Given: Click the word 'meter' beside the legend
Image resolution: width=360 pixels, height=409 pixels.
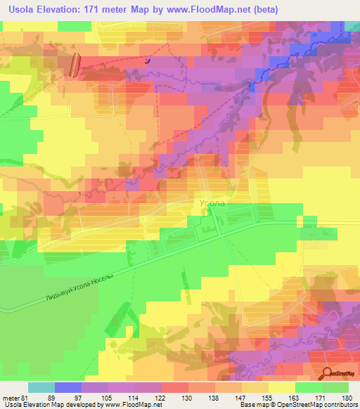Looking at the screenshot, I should point(10,397).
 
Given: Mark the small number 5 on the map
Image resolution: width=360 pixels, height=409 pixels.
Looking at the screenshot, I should point(80,193).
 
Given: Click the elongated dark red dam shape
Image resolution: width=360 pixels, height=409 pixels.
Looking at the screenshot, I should point(76,62).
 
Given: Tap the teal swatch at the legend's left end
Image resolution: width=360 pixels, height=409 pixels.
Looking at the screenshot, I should point(41,387).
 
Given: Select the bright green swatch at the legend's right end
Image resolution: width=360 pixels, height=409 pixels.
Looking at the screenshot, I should point(335,387).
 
